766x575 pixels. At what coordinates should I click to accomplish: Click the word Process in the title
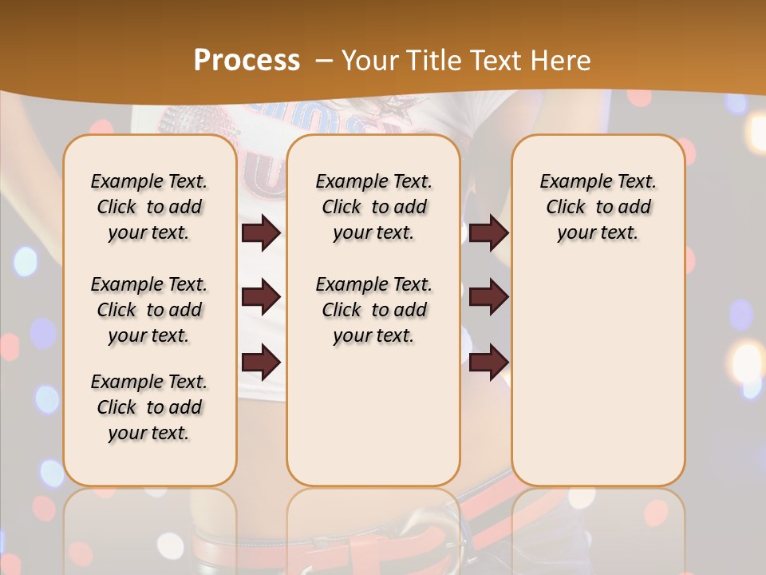point(247,61)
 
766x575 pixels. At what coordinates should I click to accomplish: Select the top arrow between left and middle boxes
point(261,233)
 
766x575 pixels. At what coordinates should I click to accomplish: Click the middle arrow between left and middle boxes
point(261,297)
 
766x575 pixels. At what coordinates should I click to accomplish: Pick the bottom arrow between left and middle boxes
point(261,362)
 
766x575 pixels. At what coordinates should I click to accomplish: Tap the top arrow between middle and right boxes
point(488,233)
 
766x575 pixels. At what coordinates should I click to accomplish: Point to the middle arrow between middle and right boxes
point(488,297)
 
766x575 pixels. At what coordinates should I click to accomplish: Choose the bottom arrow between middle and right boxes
point(488,362)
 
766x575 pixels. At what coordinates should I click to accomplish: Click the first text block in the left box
point(149,207)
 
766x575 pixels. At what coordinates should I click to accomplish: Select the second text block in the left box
point(149,310)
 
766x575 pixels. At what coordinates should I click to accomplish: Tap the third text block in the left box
point(149,407)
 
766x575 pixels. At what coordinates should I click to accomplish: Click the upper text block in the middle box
point(373,207)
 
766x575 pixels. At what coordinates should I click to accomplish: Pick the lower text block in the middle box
point(373,310)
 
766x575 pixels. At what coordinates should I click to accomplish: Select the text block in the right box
point(598,207)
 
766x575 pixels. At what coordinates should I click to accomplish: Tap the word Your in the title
point(365,61)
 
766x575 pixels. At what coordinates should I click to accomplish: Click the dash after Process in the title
point(324,61)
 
